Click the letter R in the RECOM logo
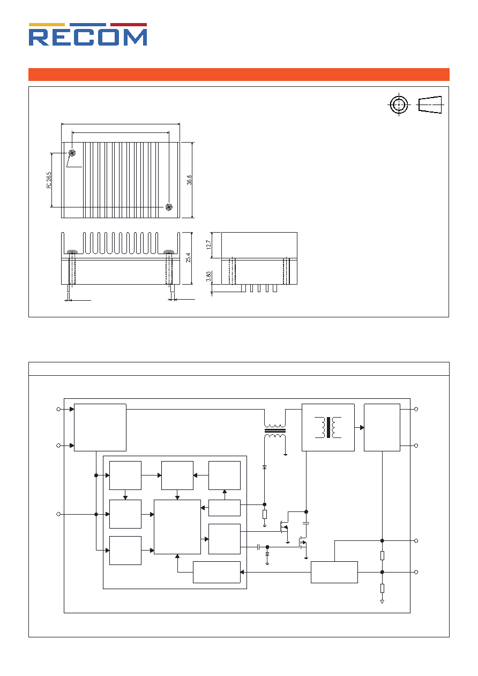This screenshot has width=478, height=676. click(39, 37)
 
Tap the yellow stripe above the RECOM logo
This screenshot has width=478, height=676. click(47, 25)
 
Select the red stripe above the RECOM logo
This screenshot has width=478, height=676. click(129, 25)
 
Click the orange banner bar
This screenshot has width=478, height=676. click(239, 75)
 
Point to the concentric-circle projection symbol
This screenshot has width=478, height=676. click(399, 105)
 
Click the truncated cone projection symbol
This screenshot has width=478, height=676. click(430, 105)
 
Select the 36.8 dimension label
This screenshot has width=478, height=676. click(189, 180)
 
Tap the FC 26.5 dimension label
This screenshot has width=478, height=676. click(49, 180)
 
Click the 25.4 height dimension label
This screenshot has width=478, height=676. click(188, 258)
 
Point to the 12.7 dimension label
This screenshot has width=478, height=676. click(208, 245)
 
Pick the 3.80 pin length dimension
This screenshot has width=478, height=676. click(208, 277)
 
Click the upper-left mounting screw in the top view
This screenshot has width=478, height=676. click(72, 153)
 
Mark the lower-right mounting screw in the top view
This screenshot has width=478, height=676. click(169, 207)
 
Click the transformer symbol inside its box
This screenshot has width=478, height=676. click(328, 427)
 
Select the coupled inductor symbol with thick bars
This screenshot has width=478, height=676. click(275, 431)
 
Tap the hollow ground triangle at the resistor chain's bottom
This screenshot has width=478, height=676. click(382, 601)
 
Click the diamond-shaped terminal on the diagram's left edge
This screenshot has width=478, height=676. click(58, 514)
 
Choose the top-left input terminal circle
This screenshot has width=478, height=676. click(58, 409)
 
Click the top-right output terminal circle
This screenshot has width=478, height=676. click(416, 409)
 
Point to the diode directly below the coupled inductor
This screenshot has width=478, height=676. click(265, 467)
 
